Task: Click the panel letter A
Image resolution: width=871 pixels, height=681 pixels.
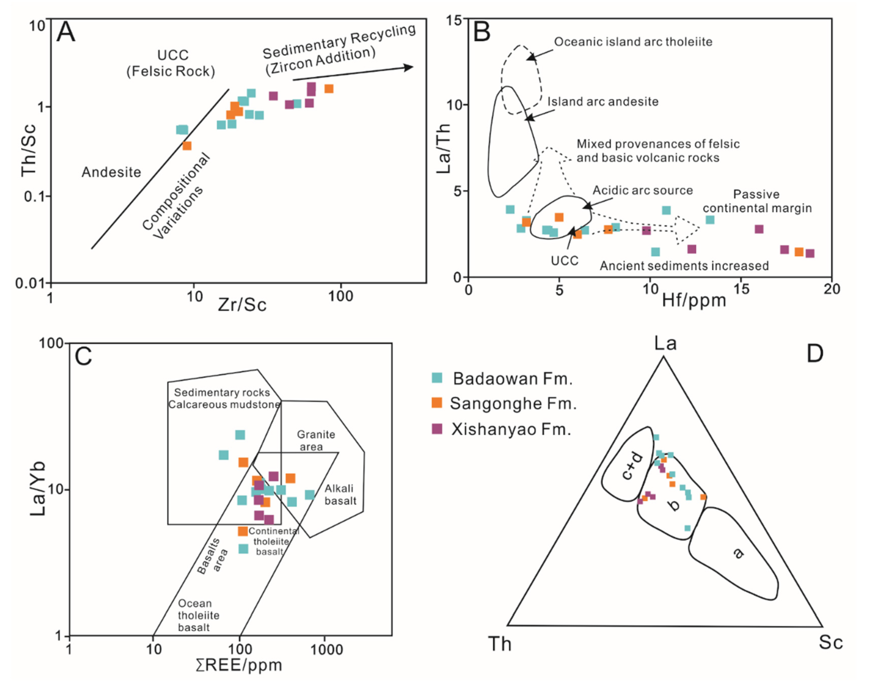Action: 66,32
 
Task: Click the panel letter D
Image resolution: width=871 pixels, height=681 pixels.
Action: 814,353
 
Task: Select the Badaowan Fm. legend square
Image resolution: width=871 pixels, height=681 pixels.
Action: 437,378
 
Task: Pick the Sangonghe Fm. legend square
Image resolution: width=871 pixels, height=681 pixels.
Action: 437,403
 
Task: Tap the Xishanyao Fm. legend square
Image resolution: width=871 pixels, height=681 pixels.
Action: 437,429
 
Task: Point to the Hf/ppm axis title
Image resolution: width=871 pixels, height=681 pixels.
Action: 694,300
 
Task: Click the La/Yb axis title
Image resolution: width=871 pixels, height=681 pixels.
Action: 38,489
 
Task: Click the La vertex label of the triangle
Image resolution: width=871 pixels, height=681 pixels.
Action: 665,343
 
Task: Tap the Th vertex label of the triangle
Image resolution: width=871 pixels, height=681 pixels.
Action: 500,644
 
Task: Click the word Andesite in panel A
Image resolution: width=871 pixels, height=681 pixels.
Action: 111,172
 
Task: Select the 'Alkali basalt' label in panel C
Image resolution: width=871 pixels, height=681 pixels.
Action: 340,495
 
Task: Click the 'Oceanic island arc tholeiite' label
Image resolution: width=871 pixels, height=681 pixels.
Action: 633,42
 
